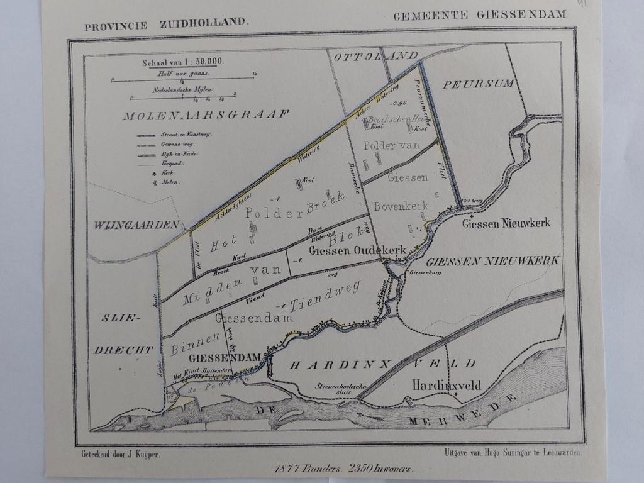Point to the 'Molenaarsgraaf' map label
[x=206, y=115]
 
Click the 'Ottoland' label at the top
[x=375, y=57]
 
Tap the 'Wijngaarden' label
[x=138, y=225]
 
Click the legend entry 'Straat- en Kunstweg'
[x=186, y=135]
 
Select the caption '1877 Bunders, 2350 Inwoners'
[x=343, y=468]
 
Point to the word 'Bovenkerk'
[x=401, y=206]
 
